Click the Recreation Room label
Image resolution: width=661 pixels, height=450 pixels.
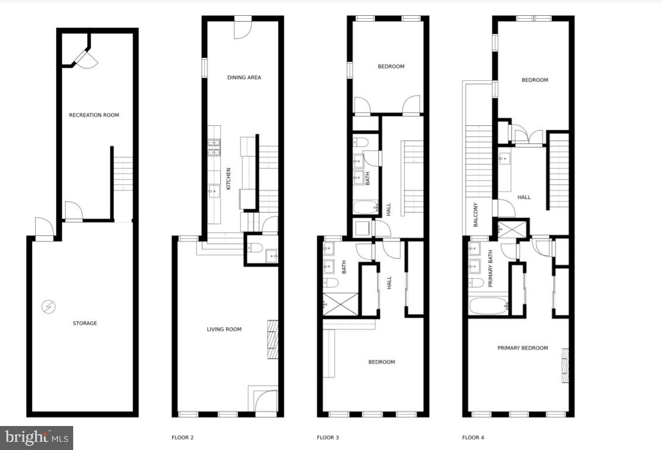[94, 115]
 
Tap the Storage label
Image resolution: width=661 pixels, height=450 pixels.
[84, 323]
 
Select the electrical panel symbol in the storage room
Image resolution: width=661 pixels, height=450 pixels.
[49, 306]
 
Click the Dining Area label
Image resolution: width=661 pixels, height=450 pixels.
[244, 77]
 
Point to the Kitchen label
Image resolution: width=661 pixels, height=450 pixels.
[229, 178]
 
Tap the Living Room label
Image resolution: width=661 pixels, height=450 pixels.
[224, 329]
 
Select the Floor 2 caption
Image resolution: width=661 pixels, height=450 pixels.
[182, 437]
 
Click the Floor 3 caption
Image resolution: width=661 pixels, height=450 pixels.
[327, 437]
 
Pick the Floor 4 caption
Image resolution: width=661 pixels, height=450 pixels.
[472, 437]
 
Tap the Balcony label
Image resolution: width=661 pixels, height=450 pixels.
[475, 215]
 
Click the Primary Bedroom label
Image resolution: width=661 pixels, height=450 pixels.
[522, 348]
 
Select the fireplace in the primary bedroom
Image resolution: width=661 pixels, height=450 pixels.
[565, 365]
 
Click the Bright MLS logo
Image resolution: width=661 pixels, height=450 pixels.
[37, 437]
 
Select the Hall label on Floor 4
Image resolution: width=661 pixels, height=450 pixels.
[524, 197]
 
